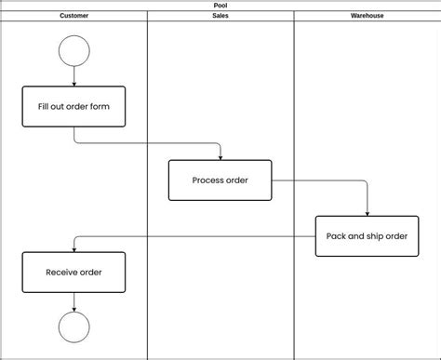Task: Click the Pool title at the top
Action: click(x=220, y=5)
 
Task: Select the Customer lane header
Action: click(x=73, y=16)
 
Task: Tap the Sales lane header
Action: click(x=220, y=16)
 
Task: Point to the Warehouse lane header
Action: click(x=367, y=16)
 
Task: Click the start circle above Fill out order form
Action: click(x=73, y=50)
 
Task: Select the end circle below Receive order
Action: click(x=73, y=327)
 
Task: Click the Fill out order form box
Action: click(x=73, y=107)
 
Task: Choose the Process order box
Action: click(x=220, y=180)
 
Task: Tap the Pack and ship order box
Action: click(x=367, y=236)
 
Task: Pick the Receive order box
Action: click(x=73, y=273)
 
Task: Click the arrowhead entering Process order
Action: click(x=220, y=156)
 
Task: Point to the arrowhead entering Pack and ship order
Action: click(x=367, y=212)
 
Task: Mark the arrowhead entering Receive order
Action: click(x=73, y=248)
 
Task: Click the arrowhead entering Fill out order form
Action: click(x=73, y=84)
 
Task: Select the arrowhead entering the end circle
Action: click(x=73, y=308)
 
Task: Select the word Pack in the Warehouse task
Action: click(x=337, y=236)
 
